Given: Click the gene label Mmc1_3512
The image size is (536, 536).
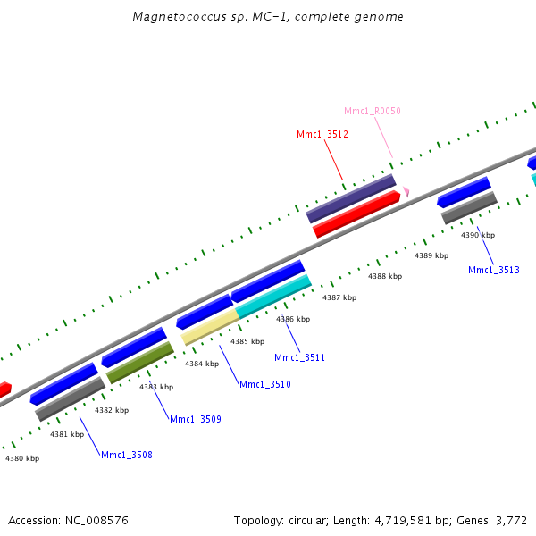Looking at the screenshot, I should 322,134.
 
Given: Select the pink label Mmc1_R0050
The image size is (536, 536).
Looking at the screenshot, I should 373,111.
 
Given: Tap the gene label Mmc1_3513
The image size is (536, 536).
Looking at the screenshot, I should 493,270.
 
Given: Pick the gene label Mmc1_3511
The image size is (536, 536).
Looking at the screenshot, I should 299,357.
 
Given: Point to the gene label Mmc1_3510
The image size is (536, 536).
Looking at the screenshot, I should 264,384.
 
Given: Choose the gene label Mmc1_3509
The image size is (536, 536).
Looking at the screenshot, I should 196,419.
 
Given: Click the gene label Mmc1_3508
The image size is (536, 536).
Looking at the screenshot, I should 126,455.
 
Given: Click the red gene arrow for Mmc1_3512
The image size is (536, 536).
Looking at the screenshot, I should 356,214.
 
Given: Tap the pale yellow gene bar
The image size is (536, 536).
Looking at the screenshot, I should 210,327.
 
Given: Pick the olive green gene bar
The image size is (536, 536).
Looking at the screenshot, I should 140,362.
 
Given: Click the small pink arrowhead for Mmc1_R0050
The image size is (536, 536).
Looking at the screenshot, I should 406,191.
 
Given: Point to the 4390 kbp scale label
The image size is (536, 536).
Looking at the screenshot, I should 477,235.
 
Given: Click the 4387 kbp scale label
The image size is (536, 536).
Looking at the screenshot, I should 339,297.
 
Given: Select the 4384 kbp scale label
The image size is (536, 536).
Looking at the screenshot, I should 201,364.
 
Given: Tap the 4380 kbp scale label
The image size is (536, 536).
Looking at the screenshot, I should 22,458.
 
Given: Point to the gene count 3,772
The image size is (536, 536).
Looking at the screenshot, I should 510,520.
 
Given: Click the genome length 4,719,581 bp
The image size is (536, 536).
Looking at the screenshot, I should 398,520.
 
